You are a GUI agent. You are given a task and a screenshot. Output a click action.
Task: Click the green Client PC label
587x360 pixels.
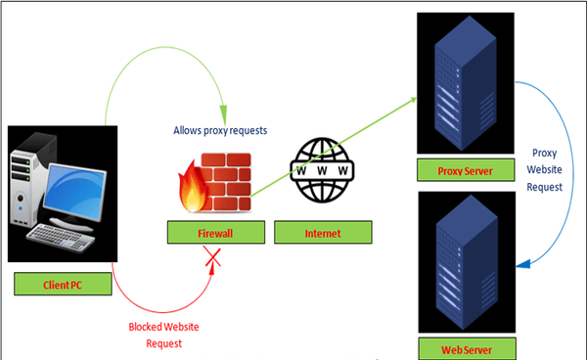66,286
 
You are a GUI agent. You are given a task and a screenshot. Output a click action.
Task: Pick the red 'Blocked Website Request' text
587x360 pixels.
161,337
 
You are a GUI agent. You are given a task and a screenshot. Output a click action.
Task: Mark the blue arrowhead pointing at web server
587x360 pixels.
519,265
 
